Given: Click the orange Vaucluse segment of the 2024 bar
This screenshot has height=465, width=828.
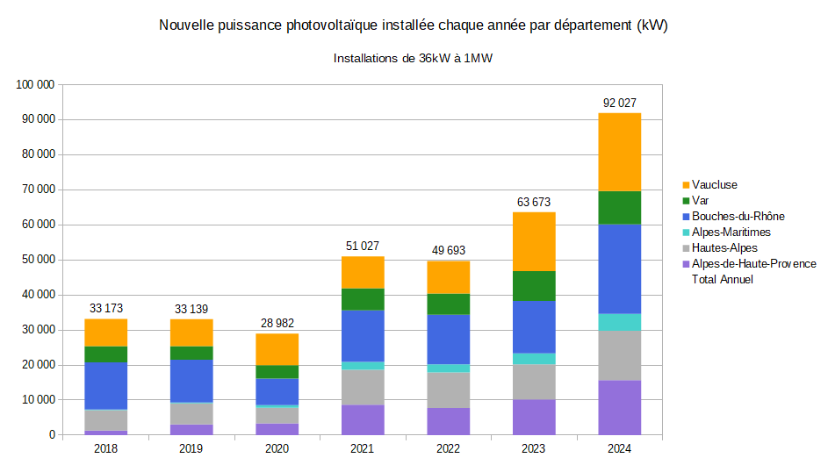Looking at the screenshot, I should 620,152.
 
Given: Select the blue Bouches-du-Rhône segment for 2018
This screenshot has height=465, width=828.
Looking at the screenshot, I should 106,386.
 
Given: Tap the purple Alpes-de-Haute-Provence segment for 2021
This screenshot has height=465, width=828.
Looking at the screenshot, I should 363,419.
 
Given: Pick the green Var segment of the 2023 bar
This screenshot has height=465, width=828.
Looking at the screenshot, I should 534,286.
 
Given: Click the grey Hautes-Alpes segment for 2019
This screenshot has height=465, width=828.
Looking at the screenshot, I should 191,413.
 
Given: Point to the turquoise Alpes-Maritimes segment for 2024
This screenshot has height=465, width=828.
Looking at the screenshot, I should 620,322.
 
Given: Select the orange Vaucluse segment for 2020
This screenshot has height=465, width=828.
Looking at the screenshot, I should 277,349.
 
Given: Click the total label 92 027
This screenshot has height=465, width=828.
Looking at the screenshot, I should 620,103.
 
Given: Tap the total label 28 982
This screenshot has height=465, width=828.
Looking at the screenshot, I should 277,323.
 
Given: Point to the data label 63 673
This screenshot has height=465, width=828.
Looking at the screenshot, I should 534,202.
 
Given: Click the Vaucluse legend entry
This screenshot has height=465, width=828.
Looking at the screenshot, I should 714,185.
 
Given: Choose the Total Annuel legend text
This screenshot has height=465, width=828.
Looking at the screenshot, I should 723,280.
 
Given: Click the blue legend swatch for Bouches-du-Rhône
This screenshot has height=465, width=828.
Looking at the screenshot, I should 686,217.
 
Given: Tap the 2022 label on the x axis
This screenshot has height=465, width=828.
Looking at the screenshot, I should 449,448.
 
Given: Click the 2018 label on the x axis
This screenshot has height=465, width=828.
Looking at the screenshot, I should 106,448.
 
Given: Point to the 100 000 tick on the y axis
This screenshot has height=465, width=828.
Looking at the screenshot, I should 36,84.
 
